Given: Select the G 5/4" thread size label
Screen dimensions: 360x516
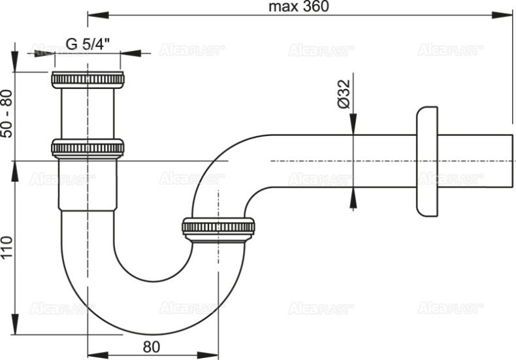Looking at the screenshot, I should coord(88,44).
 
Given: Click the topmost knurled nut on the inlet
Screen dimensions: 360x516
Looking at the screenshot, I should coord(87,79).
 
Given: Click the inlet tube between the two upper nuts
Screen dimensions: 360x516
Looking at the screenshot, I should coord(87,114).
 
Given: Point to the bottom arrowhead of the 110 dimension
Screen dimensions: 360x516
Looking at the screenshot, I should coord(15,330).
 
